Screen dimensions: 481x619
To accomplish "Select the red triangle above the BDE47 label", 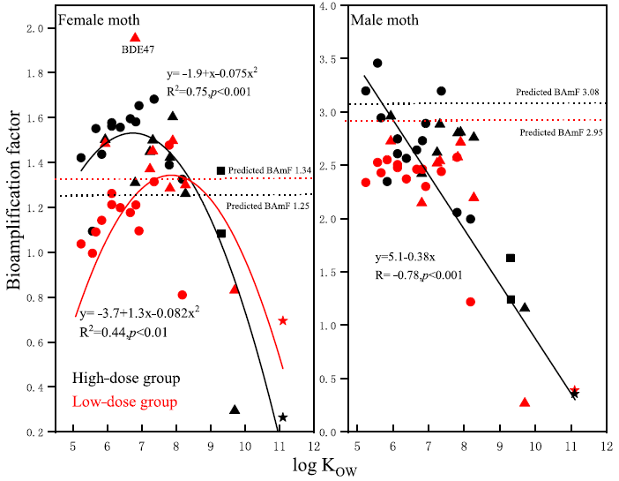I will [135, 37].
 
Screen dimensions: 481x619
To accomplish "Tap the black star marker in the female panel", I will [282, 417].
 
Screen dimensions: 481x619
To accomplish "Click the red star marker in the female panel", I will [282, 320].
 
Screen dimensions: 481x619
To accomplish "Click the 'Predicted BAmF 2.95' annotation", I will [562, 132].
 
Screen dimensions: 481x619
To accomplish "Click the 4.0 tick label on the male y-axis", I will [328, 6].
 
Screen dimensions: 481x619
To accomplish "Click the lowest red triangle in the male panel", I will [525, 402].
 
